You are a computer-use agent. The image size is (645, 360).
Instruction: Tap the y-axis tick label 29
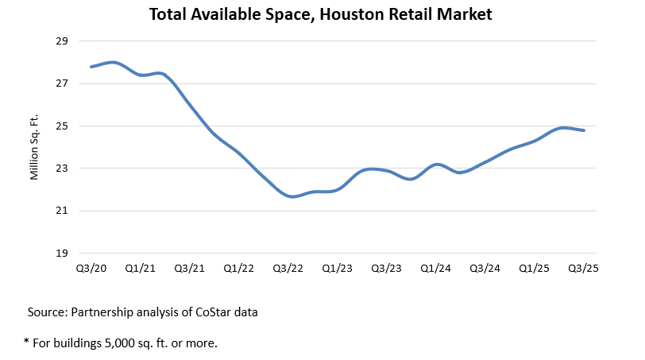pyautogui.click(x=64, y=41)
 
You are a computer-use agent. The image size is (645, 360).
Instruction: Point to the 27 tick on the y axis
pyautogui.click(x=64, y=83)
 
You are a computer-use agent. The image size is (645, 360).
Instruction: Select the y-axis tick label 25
pyautogui.click(x=64, y=126)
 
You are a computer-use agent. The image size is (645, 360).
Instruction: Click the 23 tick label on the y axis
pyautogui.click(x=64, y=168)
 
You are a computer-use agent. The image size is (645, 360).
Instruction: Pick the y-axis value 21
pyautogui.click(x=64, y=211)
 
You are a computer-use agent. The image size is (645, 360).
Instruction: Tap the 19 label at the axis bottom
pyautogui.click(x=64, y=254)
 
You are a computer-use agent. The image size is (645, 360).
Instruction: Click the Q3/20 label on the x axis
pyautogui.click(x=91, y=269)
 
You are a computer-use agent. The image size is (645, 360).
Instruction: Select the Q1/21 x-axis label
pyautogui.click(x=141, y=269)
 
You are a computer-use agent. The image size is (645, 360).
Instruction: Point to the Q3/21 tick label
pyautogui.click(x=189, y=269)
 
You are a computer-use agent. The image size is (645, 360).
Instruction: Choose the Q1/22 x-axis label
pyautogui.click(x=238, y=269)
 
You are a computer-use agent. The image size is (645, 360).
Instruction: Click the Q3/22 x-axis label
pyautogui.click(x=288, y=269)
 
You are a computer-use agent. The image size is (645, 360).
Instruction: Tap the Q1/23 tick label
pyautogui.click(x=337, y=269)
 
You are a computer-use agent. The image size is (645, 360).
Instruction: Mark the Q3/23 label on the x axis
pyautogui.click(x=386, y=269)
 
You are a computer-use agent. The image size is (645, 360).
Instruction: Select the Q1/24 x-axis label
pyautogui.click(x=435, y=269)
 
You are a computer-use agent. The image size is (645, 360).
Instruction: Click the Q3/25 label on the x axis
pyautogui.click(x=583, y=269)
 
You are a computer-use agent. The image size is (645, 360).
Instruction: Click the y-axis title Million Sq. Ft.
pyautogui.click(x=35, y=147)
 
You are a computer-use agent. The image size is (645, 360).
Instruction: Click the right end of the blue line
pyautogui.click(x=584, y=130)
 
